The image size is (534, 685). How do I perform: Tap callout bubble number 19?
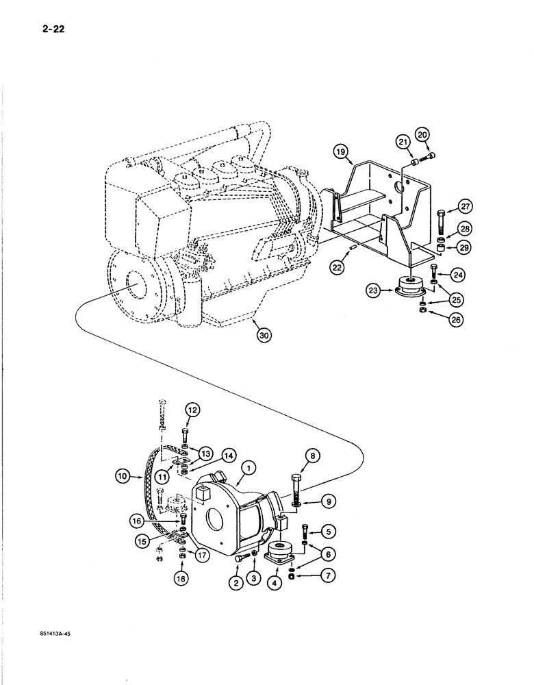tap(340, 151)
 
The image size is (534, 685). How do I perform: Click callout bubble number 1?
tap(249, 468)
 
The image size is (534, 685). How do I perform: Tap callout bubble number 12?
tap(192, 411)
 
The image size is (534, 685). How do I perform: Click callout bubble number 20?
tap(422, 134)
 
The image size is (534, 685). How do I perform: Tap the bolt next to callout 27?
tap(440, 223)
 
